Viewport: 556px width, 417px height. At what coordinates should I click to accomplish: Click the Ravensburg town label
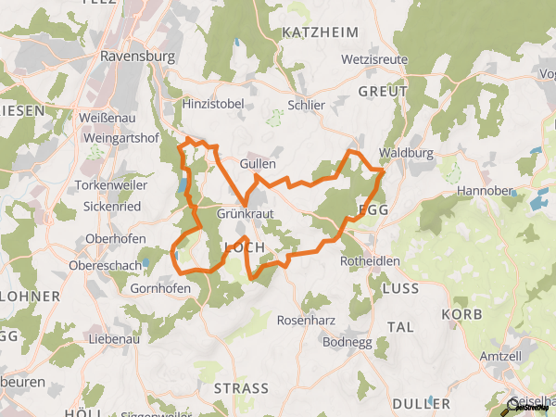(136, 55)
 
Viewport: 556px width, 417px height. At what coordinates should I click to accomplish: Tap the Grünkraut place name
(242, 213)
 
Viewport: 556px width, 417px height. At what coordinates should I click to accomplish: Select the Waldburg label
(406, 154)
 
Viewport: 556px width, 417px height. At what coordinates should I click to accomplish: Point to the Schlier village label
(307, 105)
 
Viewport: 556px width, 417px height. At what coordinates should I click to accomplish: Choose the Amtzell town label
(503, 357)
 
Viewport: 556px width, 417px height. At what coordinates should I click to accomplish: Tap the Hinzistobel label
(213, 104)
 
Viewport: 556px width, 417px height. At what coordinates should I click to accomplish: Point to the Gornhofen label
(162, 288)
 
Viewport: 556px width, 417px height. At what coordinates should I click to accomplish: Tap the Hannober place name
(485, 192)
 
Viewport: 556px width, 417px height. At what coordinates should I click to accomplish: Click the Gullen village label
(258, 164)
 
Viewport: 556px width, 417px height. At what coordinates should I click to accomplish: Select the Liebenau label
(115, 339)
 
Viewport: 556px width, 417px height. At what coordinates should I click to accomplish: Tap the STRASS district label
(241, 387)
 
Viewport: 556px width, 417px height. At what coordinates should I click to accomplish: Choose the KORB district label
(462, 314)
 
